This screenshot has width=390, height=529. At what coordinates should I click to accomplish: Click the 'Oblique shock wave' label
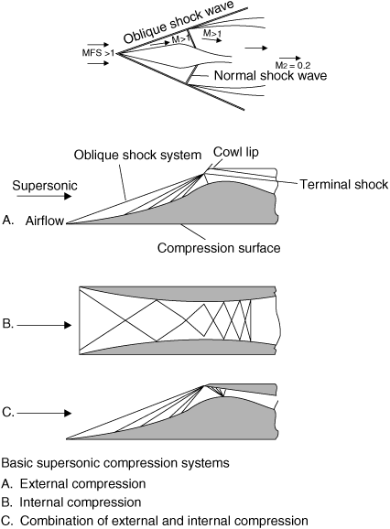pyautogui.click(x=179, y=22)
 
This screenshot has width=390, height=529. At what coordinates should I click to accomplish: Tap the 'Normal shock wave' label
pyautogui.click(x=271, y=76)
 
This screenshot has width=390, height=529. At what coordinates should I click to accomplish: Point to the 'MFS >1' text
pyautogui.click(x=98, y=53)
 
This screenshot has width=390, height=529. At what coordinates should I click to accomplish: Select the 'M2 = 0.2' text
pyautogui.click(x=293, y=66)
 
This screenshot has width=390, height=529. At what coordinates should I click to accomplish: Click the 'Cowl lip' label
pyautogui.click(x=236, y=152)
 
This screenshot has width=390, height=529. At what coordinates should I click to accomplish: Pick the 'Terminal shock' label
pyautogui.click(x=344, y=185)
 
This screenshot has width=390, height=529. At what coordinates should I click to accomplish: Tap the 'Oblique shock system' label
pyautogui.click(x=137, y=156)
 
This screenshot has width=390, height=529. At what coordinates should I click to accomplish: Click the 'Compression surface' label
pyautogui.click(x=219, y=248)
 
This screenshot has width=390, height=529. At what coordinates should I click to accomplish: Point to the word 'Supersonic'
pyautogui.click(x=45, y=186)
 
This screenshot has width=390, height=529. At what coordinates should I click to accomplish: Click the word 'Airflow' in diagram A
pyautogui.click(x=45, y=221)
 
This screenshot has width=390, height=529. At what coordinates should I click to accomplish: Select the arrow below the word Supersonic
pyautogui.click(x=44, y=196)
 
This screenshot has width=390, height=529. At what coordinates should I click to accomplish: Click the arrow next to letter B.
pyautogui.click(x=44, y=325)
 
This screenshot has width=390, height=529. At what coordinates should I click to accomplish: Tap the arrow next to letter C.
pyautogui.click(x=44, y=413)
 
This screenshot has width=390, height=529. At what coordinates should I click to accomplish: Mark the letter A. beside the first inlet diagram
pyautogui.click(x=8, y=221)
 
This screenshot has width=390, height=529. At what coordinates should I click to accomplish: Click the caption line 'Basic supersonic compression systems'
pyautogui.click(x=115, y=463)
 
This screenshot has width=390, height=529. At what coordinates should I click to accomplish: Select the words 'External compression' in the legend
pyautogui.click(x=82, y=484)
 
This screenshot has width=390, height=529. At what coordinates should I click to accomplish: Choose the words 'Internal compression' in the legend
pyautogui.click(x=81, y=502)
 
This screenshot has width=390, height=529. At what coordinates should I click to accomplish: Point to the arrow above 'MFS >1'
pyautogui.click(x=98, y=45)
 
